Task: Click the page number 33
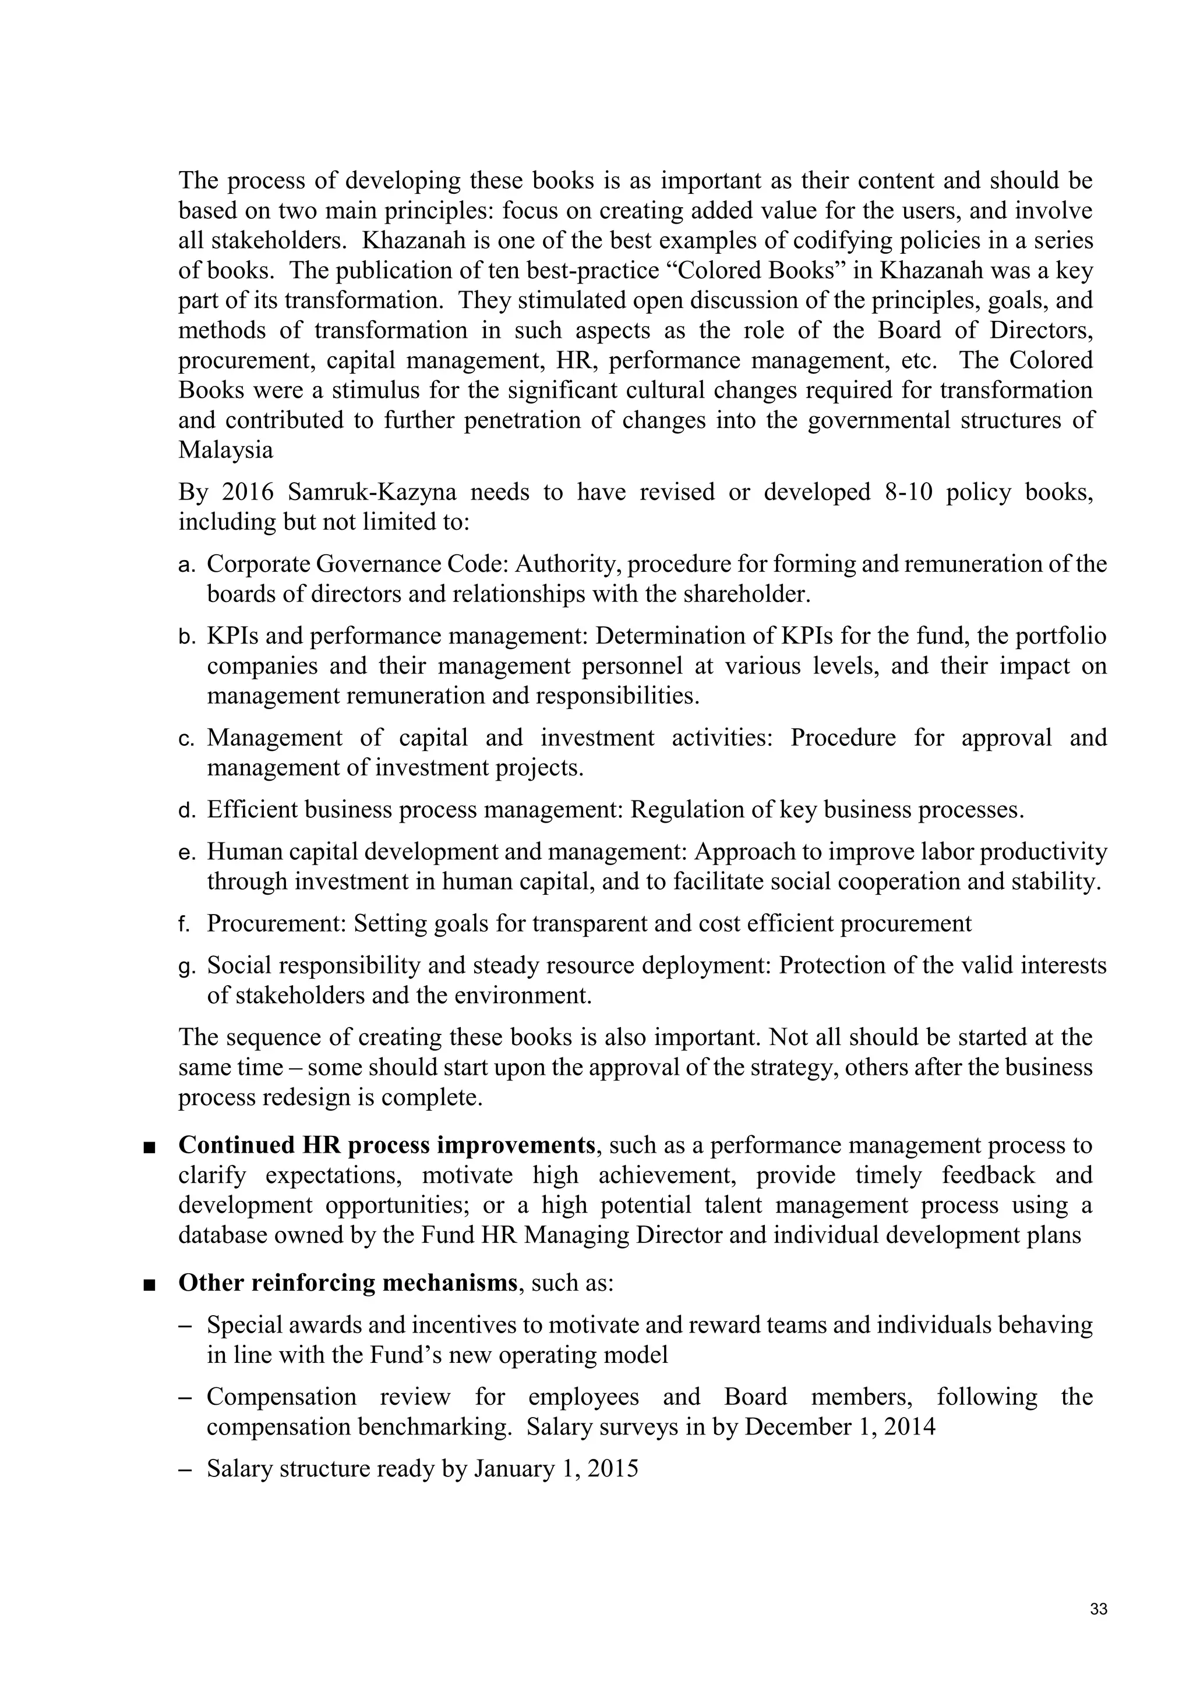(x=1098, y=1610)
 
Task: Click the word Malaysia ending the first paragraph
(x=225, y=450)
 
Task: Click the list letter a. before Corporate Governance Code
(x=186, y=564)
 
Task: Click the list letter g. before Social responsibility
(x=186, y=966)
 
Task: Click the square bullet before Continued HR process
(x=150, y=1146)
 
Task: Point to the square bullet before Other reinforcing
(x=150, y=1284)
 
